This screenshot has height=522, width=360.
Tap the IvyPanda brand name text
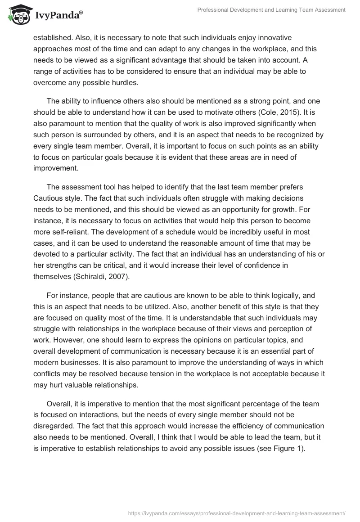(58, 15)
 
